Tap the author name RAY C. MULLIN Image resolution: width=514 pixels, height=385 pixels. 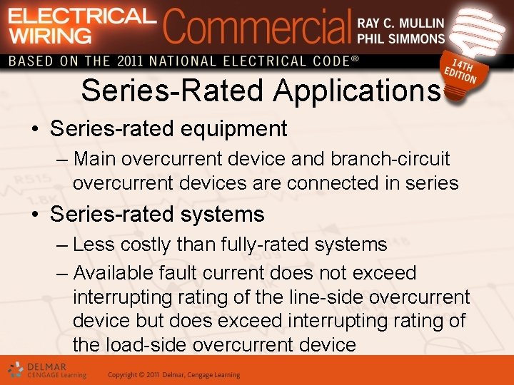(400, 23)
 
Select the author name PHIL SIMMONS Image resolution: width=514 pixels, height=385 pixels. (400, 38)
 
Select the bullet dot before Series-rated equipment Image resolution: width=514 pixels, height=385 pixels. (34, 130)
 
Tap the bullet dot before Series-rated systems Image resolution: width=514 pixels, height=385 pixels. (34, 215)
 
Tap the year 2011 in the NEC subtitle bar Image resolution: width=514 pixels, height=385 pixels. (130, 61)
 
